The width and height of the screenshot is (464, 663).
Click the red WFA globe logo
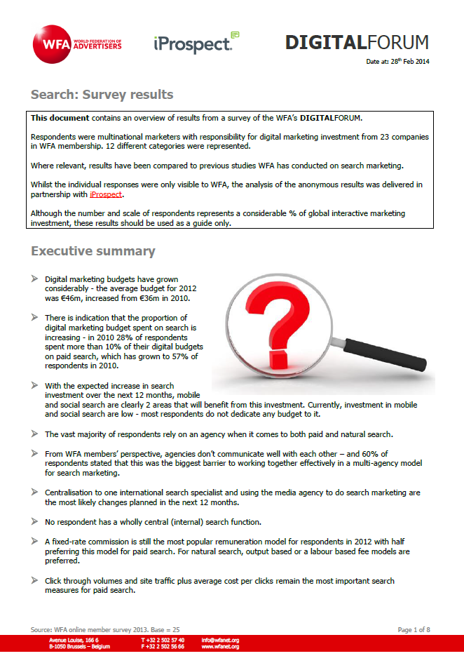pyautogui.click(x=51, y=43)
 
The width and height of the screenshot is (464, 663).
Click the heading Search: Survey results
pyautogui.click(x=102, y=95)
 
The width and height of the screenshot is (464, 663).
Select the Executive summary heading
pyautogui.click(x=93, y=251)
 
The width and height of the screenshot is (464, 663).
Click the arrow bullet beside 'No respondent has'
pyautogui.click(x=35, y=521)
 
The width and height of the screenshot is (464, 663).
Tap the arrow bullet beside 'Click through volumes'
pyautogui.click(x=35, y=581)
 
